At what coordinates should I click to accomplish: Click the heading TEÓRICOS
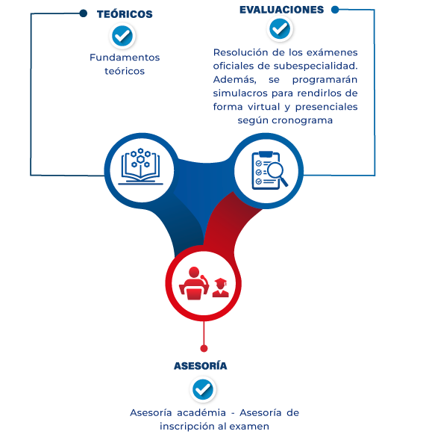pyautogui.click(x=125, y=14)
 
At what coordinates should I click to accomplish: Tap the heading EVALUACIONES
pyautogui.click(x=282, y=10)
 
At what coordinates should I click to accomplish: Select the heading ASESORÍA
pyautogui.click(x=201, y=365)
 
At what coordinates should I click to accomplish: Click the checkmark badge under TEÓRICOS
pyautogui.click(x=122, y=36)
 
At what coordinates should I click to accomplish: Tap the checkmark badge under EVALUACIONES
pyautogui.click(x=280, y=28)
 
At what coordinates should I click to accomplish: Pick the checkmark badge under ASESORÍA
pyautogui.click(x=203, y=389)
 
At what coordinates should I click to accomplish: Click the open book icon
pyautogui.click(x=140, y=167)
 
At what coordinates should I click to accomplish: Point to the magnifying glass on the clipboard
pyautogui.click(x=278, y=173)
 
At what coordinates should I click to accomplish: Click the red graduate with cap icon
pyautogui.click(x=221, y=288)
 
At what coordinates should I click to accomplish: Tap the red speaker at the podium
pyautogui.click(x=194, y=283)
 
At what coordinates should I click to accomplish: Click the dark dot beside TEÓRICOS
pyautogui.click(x=84, y=13)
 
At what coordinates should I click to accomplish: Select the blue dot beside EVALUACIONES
pyautogui.click(x=335, y=10)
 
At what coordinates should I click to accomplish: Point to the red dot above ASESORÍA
pyautogui.click(x=204, y=348)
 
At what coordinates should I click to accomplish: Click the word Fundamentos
pyautogui.click(x=125, y=58)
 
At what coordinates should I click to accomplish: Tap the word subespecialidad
pyautogui.click(x=316, y=66)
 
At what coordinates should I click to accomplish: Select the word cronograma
pyautogui.click(x=302, y=120)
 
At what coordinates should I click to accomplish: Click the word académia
pyautogui.click(x=201, y=412)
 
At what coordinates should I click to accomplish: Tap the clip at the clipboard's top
pyautogui.click(x=266, y=154)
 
